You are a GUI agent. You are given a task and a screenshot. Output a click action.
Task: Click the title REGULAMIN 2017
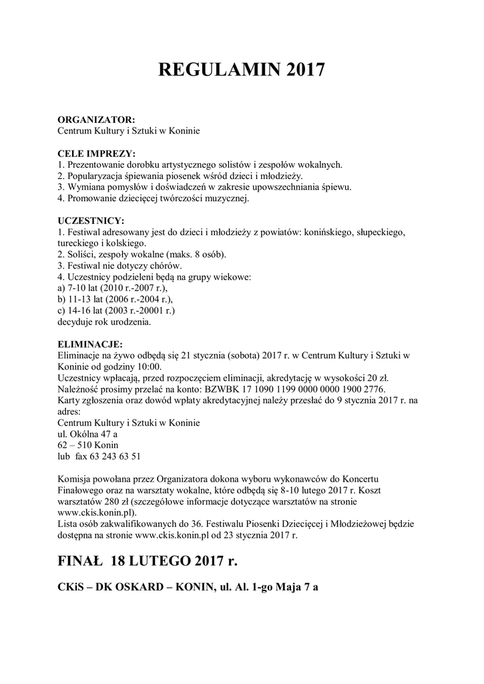(242, 70)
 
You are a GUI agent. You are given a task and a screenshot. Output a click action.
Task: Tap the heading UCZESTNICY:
(91, 220)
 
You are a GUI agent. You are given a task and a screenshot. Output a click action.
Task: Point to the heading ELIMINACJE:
(91, 344)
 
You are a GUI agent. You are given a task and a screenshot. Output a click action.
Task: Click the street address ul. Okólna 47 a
(87, 434)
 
